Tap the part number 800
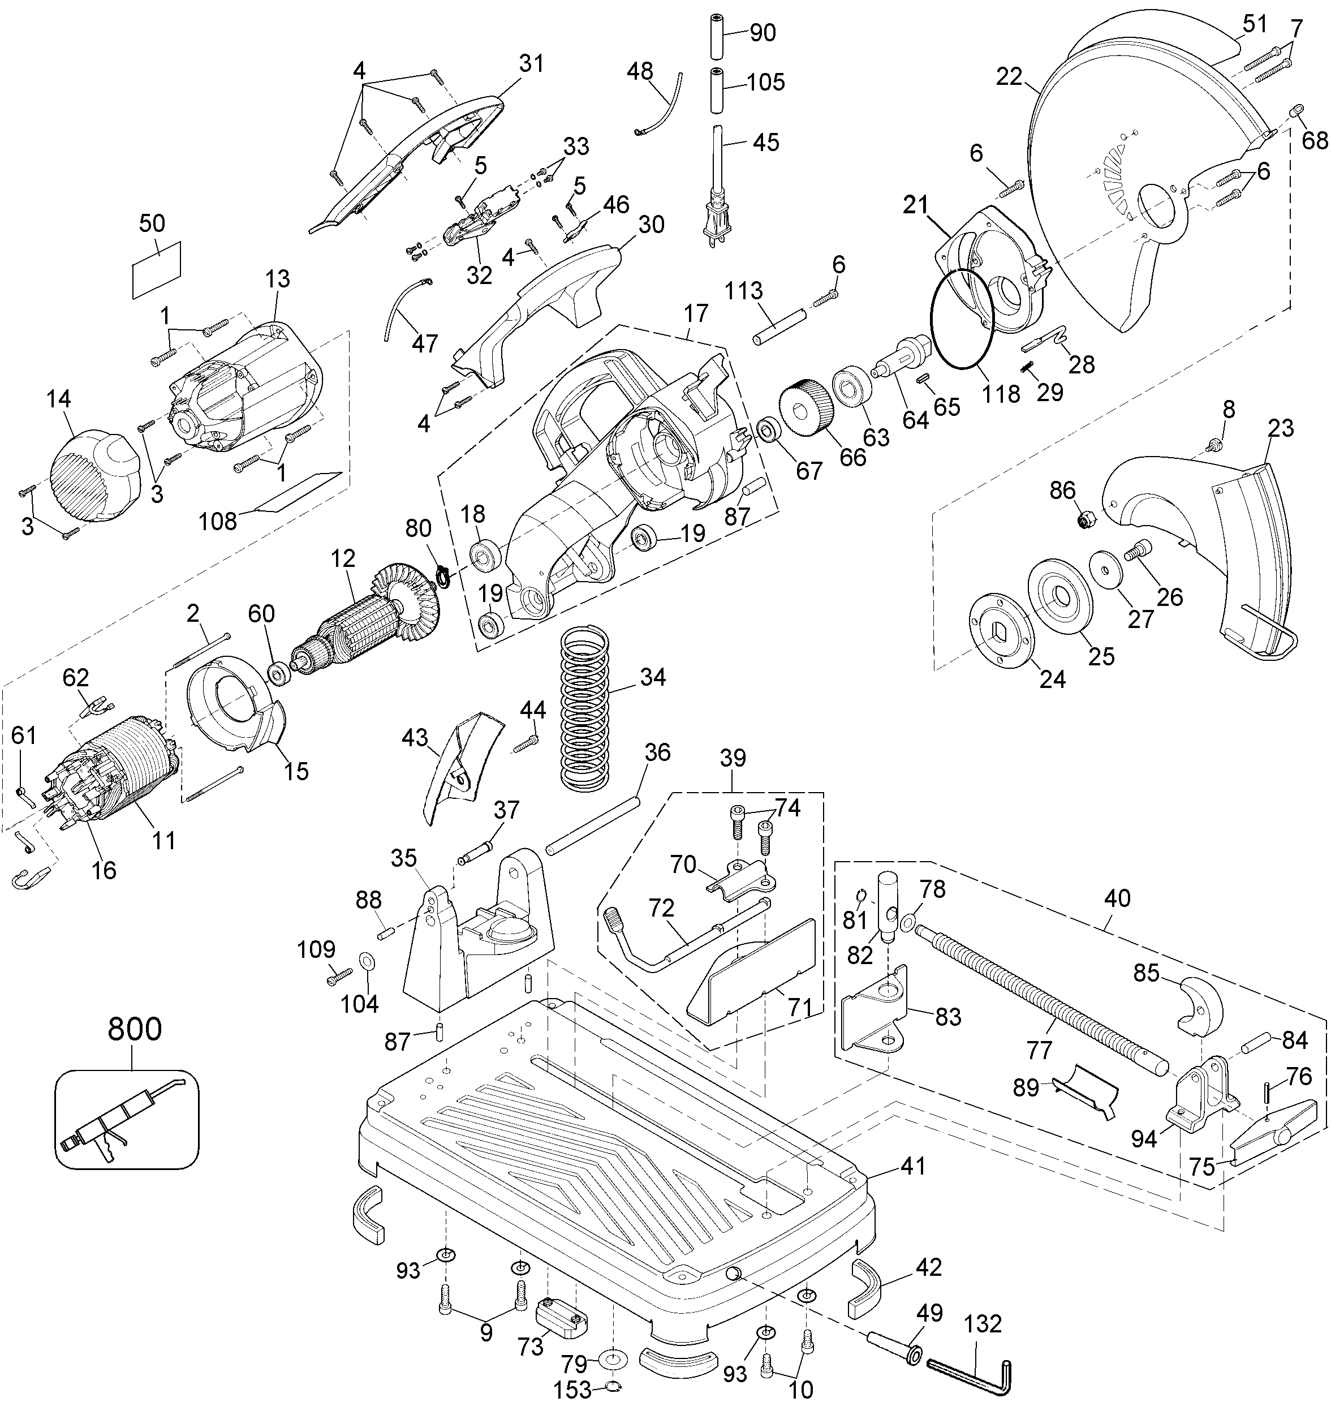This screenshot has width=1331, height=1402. [135, 1030]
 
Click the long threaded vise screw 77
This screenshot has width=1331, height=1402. [1039, 997]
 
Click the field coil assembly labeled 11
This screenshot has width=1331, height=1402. [120, 773]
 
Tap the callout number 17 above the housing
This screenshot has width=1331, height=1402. [696, 313]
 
